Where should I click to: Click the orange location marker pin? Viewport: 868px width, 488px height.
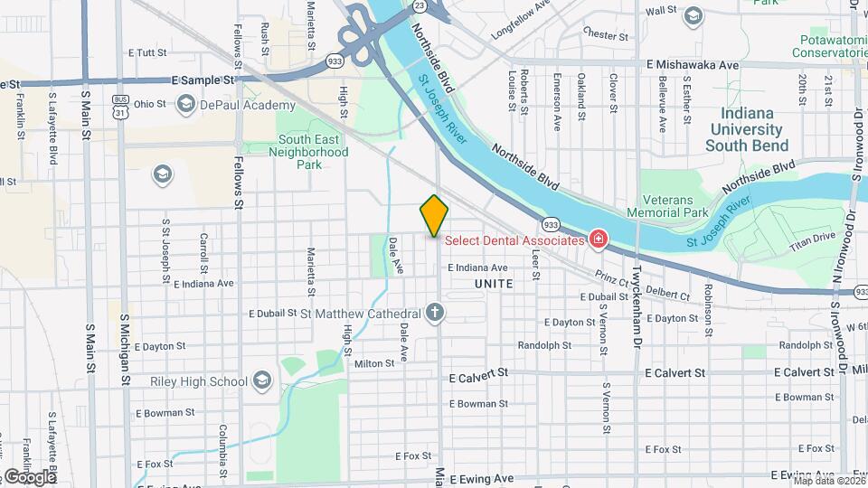pos(434,216)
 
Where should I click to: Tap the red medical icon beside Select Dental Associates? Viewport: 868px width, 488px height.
pos(598,239)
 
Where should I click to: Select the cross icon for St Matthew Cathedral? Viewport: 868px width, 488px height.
pos(436,314)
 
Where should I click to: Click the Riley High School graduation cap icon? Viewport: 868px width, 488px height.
pos(262,381)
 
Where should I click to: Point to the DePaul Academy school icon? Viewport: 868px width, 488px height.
pos(186,105)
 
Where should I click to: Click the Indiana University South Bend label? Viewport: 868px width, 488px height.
pos(747,129)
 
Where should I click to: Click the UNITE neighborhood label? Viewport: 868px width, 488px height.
pos(493,284)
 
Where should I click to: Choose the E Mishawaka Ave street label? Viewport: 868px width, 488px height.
pos(693,65)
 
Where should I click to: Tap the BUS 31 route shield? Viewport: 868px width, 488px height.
pos(119,106)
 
